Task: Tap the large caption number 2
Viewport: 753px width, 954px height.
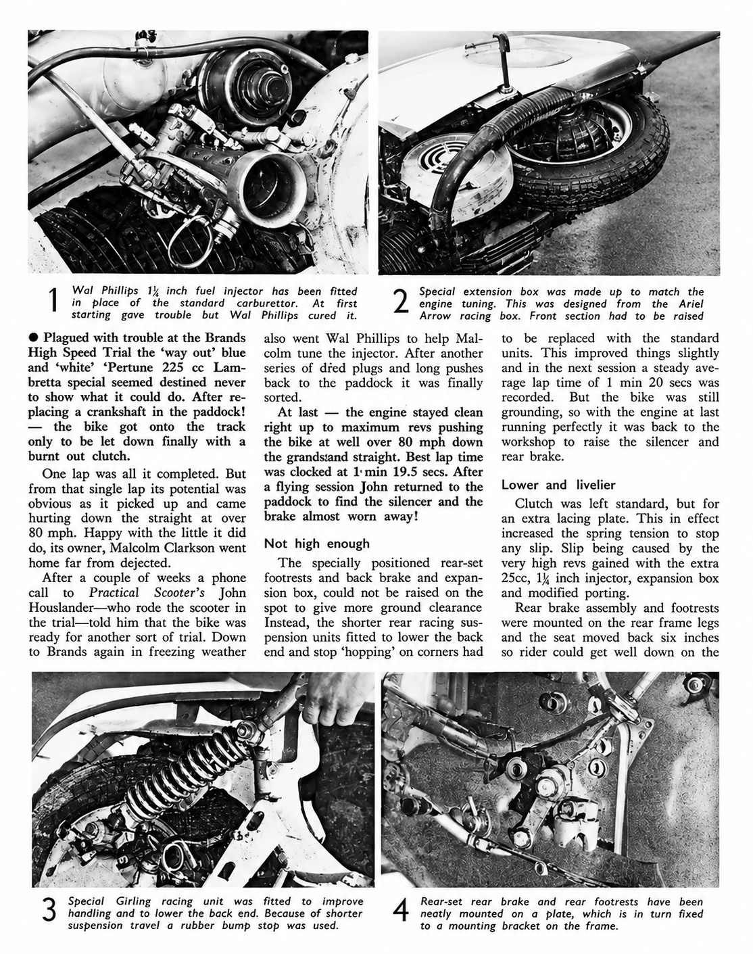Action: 401,303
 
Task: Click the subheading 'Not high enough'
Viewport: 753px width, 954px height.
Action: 316,544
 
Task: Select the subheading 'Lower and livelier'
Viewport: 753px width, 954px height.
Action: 558,485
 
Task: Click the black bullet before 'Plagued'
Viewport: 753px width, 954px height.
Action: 33,338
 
